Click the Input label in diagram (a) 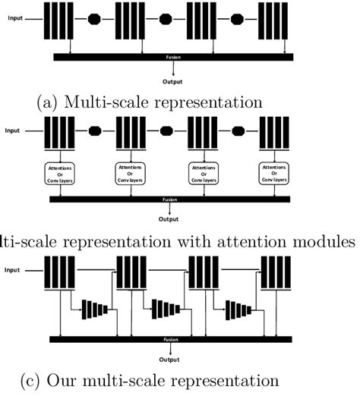[14, 17]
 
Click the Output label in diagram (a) [173, 80]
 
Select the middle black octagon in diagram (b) [166, 130]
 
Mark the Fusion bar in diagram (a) [173, 56]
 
